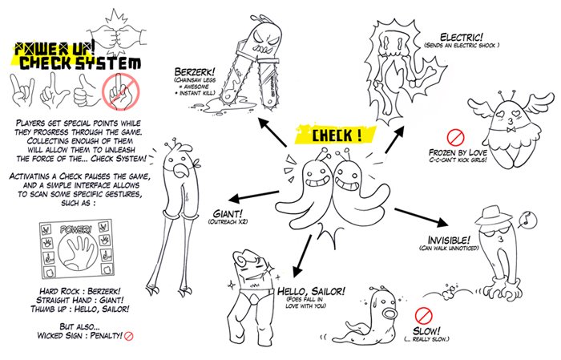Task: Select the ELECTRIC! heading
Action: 462,37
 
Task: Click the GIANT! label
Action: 228,213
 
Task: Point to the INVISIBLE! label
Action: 449,240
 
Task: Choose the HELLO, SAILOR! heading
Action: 312,291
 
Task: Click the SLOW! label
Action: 426,330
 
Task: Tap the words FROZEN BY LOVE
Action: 458,152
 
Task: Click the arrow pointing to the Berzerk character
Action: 272,132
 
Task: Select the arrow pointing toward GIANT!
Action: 254,196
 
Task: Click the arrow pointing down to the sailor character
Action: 301,257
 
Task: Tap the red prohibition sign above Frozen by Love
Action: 455,137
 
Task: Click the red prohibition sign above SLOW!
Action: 424,315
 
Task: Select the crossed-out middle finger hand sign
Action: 121,92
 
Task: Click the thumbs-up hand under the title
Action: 85,91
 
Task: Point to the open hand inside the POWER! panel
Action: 77,249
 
